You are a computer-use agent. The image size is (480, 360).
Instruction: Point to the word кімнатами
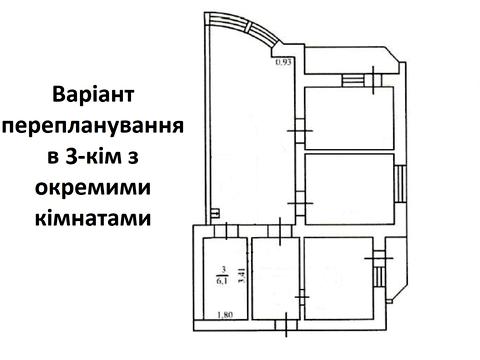tap(96, 217)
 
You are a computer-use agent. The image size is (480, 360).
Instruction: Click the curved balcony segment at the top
tap(246, 30)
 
